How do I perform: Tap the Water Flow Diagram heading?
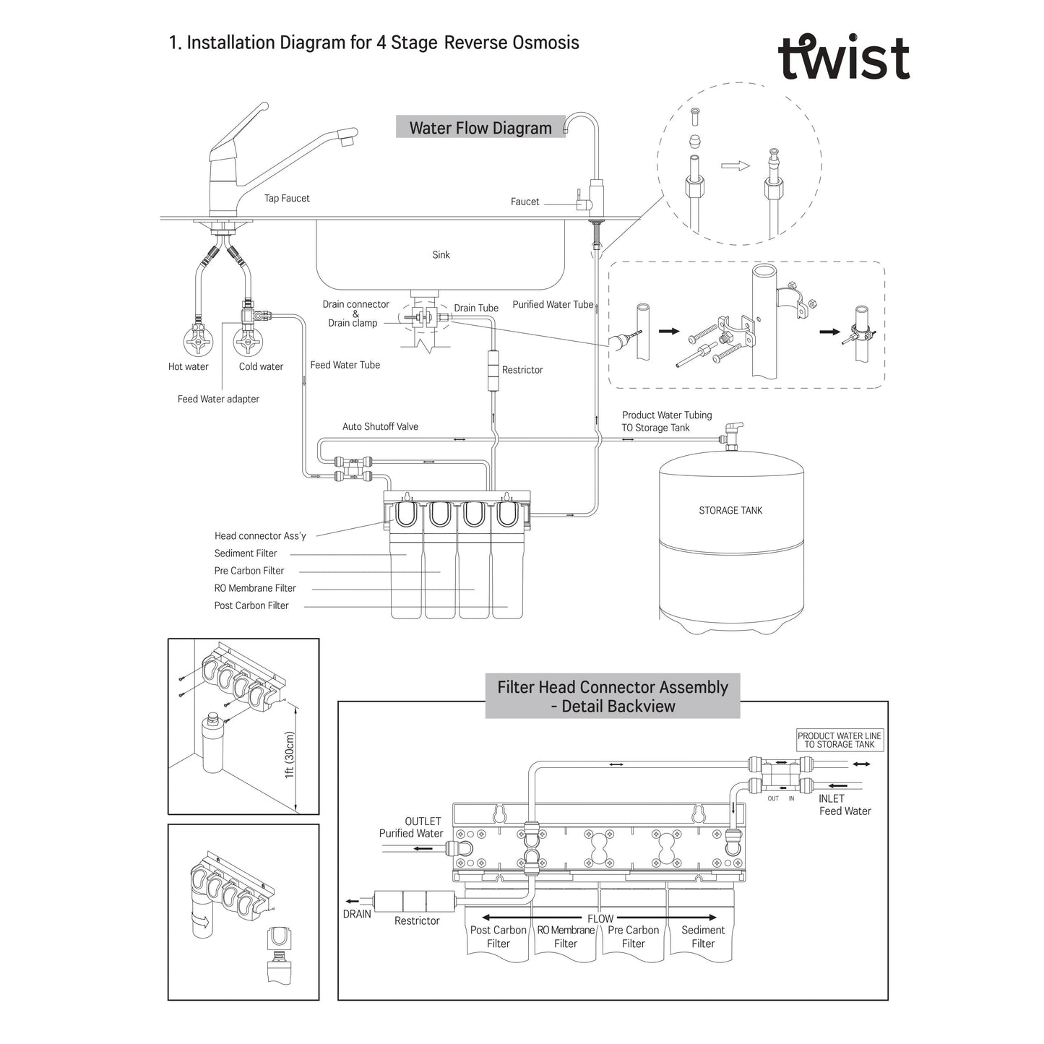click(480, 128)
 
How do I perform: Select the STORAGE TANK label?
click(730, 510)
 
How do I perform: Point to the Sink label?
click(441, 254)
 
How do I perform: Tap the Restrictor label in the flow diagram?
click(522, 370)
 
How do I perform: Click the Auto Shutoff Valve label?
click(380, 426)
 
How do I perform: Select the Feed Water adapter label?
click(218, 399)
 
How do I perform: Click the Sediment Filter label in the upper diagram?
click(246, 553)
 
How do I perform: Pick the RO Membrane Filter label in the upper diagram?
click(255, 588)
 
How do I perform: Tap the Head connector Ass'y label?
click(260, 535)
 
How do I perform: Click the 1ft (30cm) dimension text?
click(290, 754)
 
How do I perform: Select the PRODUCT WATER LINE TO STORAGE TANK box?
click(840, 740)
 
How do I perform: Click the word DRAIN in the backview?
click(357, 914)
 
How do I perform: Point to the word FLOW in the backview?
click(600, 918)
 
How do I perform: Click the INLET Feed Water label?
click(844, 805)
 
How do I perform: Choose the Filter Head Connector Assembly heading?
click(613, 696)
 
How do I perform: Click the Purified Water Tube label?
click(553, 304)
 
